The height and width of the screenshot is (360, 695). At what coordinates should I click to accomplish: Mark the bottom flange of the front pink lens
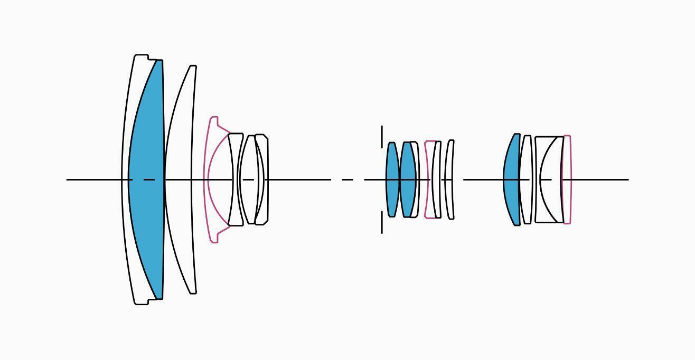click(x=213, y=238)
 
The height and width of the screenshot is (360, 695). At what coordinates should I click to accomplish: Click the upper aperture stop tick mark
click(x=382, y=136)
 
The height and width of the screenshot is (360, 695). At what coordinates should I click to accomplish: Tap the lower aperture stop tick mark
click(x=382, y=222)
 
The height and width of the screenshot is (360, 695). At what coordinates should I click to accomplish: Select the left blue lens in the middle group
click(x=392, y=179)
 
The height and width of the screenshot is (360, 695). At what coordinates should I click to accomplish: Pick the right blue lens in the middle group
click(x=407, y=179)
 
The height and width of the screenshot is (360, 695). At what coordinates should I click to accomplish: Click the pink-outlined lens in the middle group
click(x=429, y=179)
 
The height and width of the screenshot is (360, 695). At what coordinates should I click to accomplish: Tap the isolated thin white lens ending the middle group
click(x=449, y=179)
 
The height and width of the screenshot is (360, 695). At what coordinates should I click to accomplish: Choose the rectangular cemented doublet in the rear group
click(x=549, y=179)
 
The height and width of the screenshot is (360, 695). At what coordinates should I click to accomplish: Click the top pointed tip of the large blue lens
click(x=159, y=61)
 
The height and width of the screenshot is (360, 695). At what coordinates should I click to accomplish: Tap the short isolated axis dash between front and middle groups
click(x=347, y=179)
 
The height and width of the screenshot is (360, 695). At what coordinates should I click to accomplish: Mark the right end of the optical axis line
click(x=628, y=179)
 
